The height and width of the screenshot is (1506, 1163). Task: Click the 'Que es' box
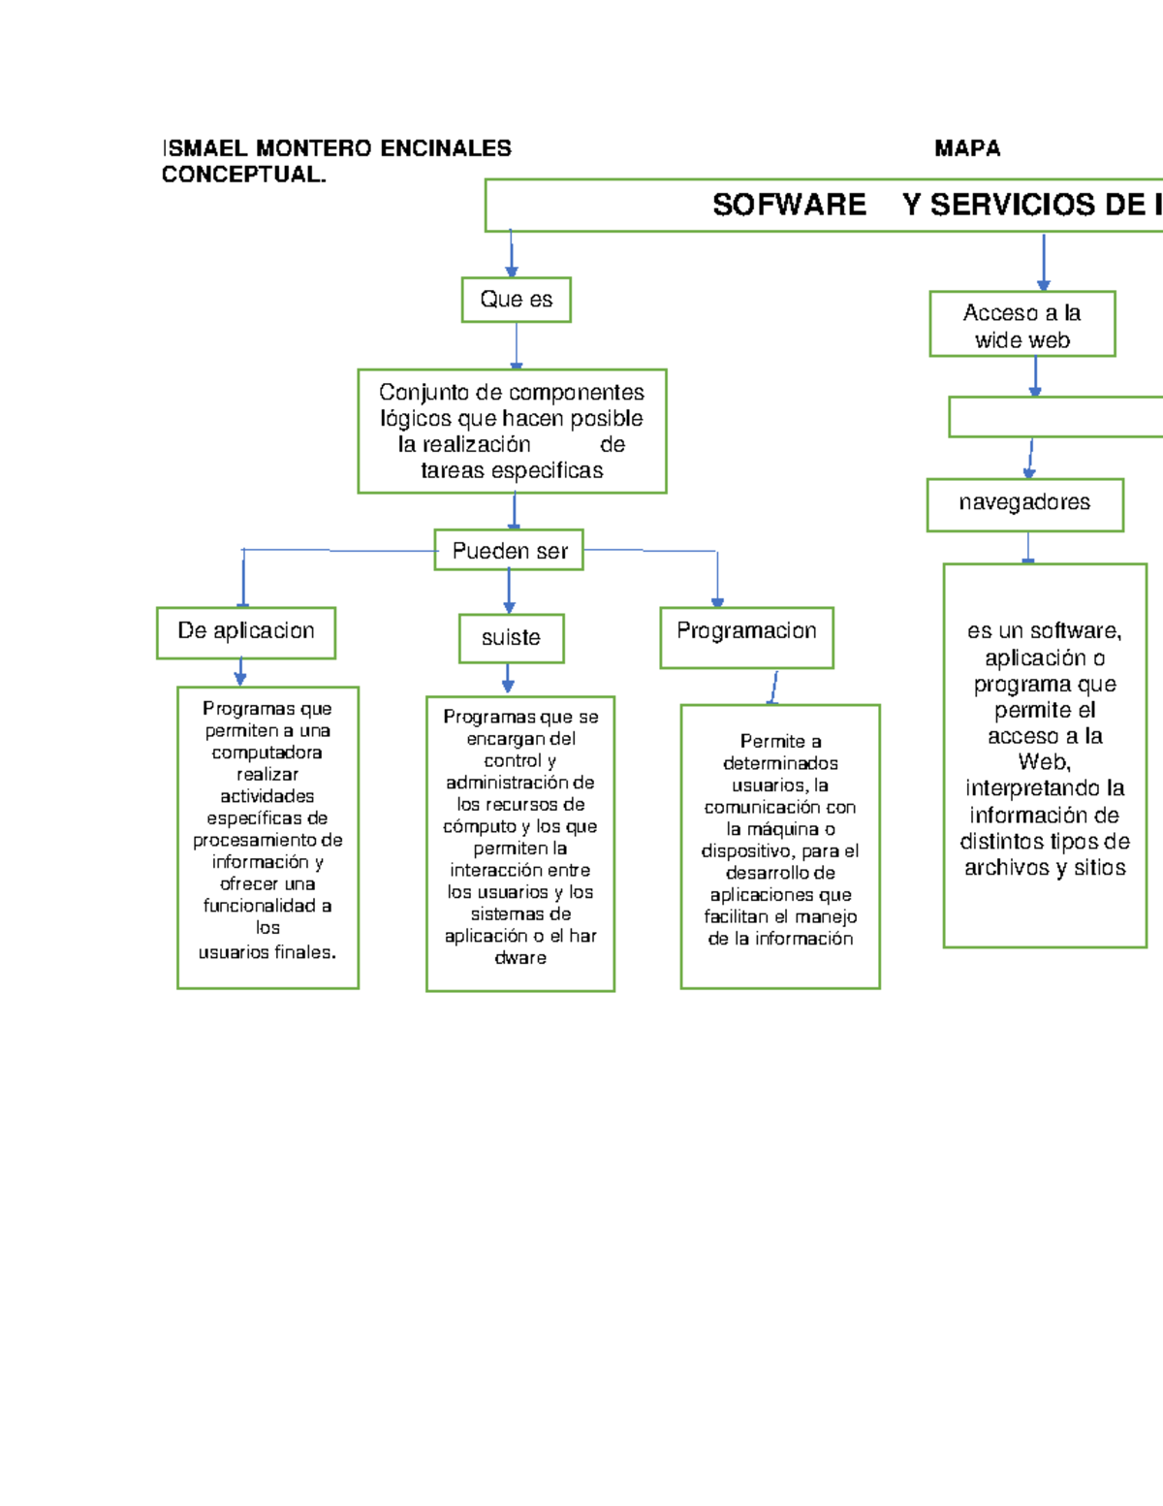516,300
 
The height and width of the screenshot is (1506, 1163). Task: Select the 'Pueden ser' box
509,551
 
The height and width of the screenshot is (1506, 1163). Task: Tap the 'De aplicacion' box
246,632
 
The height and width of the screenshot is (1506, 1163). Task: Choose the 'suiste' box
511,638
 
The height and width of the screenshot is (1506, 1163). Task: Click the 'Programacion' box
746,636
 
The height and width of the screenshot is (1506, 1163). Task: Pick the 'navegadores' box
1024,504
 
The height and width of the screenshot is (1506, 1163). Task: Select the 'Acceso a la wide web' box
1022,325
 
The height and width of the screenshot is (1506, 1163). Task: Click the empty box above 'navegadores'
1056,417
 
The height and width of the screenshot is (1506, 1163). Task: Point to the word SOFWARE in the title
789,205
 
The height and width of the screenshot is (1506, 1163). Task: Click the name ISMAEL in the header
204,148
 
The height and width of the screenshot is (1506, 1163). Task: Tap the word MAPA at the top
967,148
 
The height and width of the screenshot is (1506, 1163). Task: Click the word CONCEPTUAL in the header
242,175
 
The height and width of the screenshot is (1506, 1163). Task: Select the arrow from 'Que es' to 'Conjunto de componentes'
517,345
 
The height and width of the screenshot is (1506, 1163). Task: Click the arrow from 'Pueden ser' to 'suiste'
509,591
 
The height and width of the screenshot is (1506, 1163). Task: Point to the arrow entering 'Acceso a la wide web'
1044,262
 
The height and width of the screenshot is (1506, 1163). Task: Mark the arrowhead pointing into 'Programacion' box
717,602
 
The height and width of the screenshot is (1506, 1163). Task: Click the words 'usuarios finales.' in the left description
267,952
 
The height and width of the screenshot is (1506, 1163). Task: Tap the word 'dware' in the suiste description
520,958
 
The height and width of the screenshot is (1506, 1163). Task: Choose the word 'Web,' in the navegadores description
1044,762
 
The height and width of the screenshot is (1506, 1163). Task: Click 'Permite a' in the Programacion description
780,742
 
